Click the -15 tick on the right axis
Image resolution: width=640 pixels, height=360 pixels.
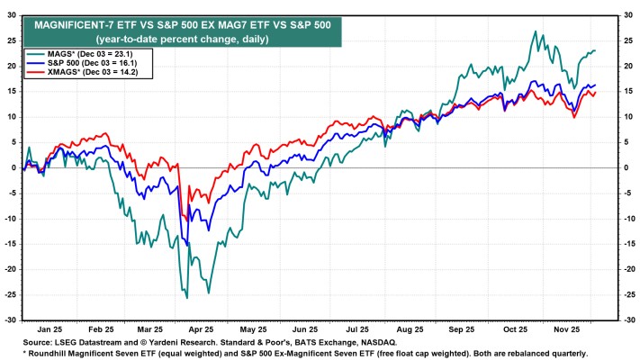pyautogui.click(x=630, y=243)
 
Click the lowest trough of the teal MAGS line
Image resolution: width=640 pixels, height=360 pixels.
pyautogui.click(x=187, y=298)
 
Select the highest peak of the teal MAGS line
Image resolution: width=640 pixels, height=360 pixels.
pyautogui.click(x=536, y=31)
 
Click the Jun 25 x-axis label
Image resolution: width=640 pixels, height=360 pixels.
pyautogui.click(x=315, y=330)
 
